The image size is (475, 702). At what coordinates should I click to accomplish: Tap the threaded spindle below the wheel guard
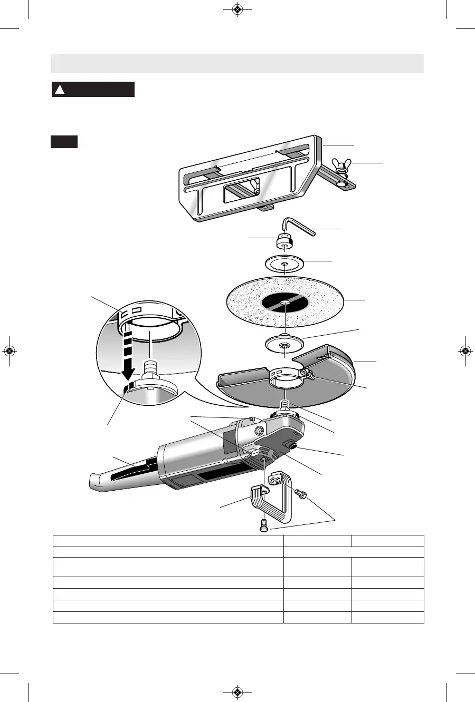pos(285,405)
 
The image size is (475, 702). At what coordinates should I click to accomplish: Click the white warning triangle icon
pos(60,90)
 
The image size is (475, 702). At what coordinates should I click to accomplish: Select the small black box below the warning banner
pos(64,142)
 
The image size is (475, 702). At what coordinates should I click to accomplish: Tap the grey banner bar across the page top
pos(237,63)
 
